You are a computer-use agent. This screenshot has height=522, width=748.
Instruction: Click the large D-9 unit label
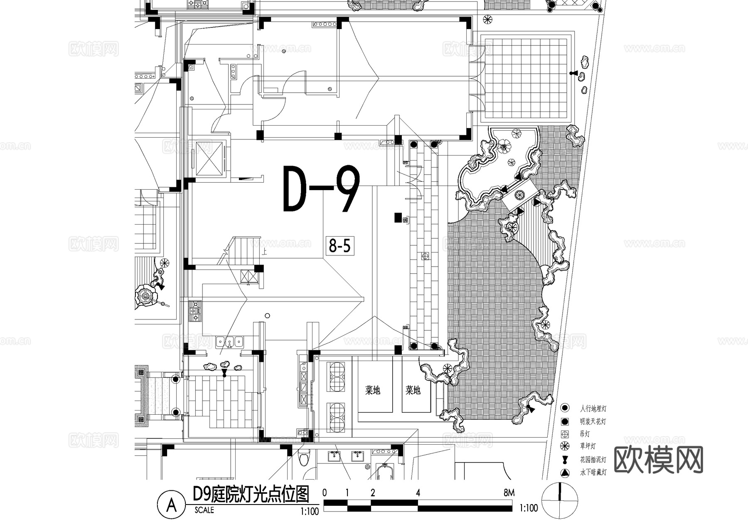click(321, 189)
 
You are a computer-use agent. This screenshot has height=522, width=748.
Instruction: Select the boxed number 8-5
click(340, 246)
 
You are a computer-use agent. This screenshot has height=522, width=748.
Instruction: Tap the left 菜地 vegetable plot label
click(373, 390)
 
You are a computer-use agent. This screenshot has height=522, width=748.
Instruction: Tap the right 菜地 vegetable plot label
click(413, 390)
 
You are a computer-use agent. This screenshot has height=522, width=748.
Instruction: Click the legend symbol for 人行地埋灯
click(564, 408)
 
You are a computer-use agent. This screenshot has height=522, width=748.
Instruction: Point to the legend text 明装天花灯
click(593, 421)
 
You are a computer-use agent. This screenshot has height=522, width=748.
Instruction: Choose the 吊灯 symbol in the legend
click(564, 434)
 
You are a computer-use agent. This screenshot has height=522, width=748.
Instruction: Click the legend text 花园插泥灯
click(593, 460)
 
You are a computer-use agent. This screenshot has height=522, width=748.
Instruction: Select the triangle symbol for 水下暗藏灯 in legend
click(564, 473)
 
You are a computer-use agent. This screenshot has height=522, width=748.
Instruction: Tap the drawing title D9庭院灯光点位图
click(251, 495)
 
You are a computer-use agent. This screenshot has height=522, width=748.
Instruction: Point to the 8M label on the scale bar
click(509, 493)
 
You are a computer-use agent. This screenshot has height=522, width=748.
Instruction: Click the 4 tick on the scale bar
click(418, 493)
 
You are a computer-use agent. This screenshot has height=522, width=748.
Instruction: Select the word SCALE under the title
click(204, 510)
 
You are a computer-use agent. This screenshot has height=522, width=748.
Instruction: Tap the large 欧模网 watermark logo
click(658, 460)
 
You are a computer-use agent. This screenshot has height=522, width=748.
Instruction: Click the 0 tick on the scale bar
click(325, 493)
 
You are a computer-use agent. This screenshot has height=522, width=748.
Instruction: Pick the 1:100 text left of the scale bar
click(310, 511)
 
